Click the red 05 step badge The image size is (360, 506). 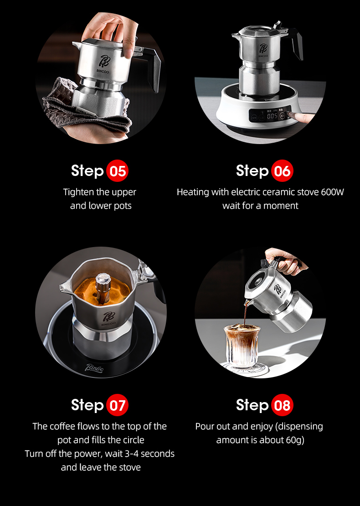(117, 170)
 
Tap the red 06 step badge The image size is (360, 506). (282, 170)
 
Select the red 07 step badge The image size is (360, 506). (117, 405)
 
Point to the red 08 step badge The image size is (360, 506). (282, 405)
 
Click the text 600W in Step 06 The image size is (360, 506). (332, 192)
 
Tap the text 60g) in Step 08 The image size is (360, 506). (295, 440)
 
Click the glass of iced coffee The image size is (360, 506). (242, 346)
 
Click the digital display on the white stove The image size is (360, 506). (272, 115)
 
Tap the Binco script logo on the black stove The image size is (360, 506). (94, 367)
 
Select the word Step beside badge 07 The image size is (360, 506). (87, 405)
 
